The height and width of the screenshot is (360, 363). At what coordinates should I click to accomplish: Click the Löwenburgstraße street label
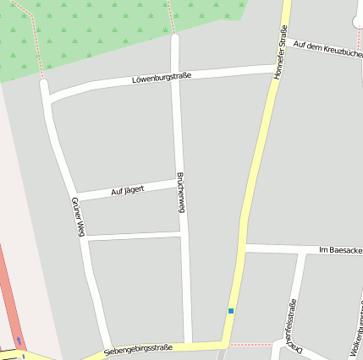(162, 78)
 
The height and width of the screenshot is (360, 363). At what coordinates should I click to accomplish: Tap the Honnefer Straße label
(278, 53)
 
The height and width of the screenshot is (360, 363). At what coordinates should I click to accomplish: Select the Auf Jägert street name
(128, 192)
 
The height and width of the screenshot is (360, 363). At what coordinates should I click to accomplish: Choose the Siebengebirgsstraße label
(139, 349)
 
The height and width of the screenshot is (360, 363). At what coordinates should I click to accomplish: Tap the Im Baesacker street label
(340, 250)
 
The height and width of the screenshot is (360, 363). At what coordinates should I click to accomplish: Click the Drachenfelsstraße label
(293, 325)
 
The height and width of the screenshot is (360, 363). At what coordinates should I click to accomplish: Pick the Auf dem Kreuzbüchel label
(327, 47)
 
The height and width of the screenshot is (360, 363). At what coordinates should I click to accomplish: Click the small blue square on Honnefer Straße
(230, 311)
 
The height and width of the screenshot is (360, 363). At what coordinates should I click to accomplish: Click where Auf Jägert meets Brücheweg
(179, 181)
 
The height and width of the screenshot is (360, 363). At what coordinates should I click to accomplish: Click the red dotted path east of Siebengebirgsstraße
(250, 345)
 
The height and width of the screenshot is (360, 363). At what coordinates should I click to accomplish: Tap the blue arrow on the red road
(19, 341)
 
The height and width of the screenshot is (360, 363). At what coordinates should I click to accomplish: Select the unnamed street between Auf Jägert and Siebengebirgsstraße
(134, 234)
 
